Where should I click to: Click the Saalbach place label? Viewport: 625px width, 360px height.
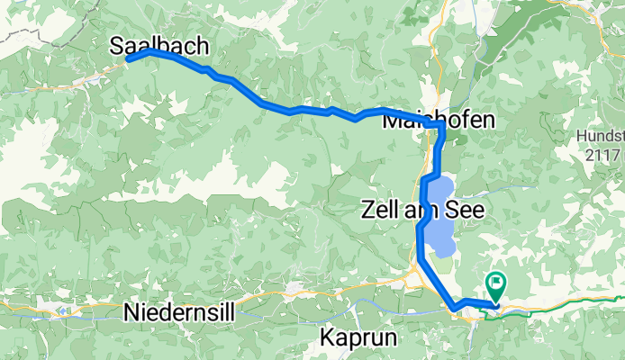pyautogui.click(x=159, y=47)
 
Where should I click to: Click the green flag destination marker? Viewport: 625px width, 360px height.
pyautogui.click(x=496, y=284)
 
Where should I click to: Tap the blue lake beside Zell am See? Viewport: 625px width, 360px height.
pyautogui.click(x=439, y=216)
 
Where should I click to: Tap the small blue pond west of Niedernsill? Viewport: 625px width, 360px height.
pyautogui.click(x=62, y=310)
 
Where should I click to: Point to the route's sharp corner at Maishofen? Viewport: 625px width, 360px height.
pyautogui.click(x=442, y=130)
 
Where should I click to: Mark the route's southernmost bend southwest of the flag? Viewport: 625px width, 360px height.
pyautogui.click(x=456, y=310)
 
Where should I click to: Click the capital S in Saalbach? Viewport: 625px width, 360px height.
pyautogui.click(x=118, y=47)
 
